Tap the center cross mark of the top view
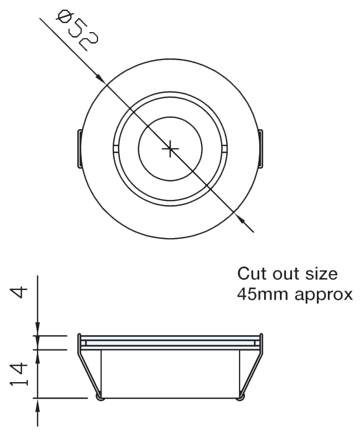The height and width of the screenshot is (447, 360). click(170, 148)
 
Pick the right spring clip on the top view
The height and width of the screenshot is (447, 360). click(261, 148)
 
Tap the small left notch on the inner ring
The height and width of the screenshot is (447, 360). click(115, 148)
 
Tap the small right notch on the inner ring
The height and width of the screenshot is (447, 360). click(225, 148)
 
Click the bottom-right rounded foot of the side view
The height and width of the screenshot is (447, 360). click(240, 397)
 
